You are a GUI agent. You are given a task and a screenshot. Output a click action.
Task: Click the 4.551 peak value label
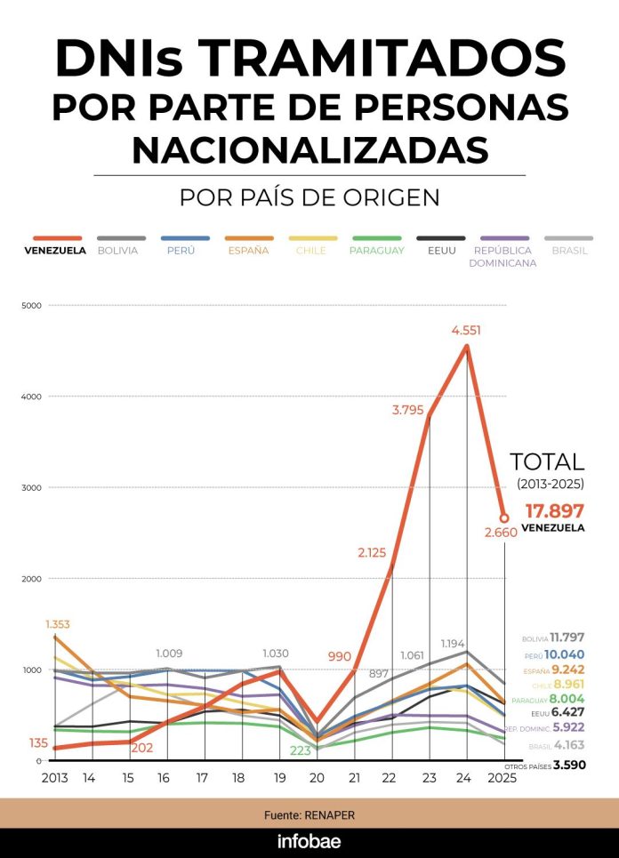467,330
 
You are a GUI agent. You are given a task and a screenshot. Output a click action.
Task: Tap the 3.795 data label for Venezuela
409,409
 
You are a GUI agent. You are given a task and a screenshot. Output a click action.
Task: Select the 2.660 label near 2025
502,533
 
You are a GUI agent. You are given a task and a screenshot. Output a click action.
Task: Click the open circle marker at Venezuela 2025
503,517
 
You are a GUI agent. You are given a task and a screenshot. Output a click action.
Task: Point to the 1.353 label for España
59,625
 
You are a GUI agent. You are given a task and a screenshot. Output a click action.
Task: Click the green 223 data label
301,750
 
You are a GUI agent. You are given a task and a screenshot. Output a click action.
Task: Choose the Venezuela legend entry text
55,251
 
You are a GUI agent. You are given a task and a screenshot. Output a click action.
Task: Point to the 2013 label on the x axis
55,777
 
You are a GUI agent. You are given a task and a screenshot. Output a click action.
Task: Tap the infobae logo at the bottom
309,842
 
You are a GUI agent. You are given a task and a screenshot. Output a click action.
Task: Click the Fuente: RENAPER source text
309,814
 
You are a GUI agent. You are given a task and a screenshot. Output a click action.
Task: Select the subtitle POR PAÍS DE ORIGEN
309,197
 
